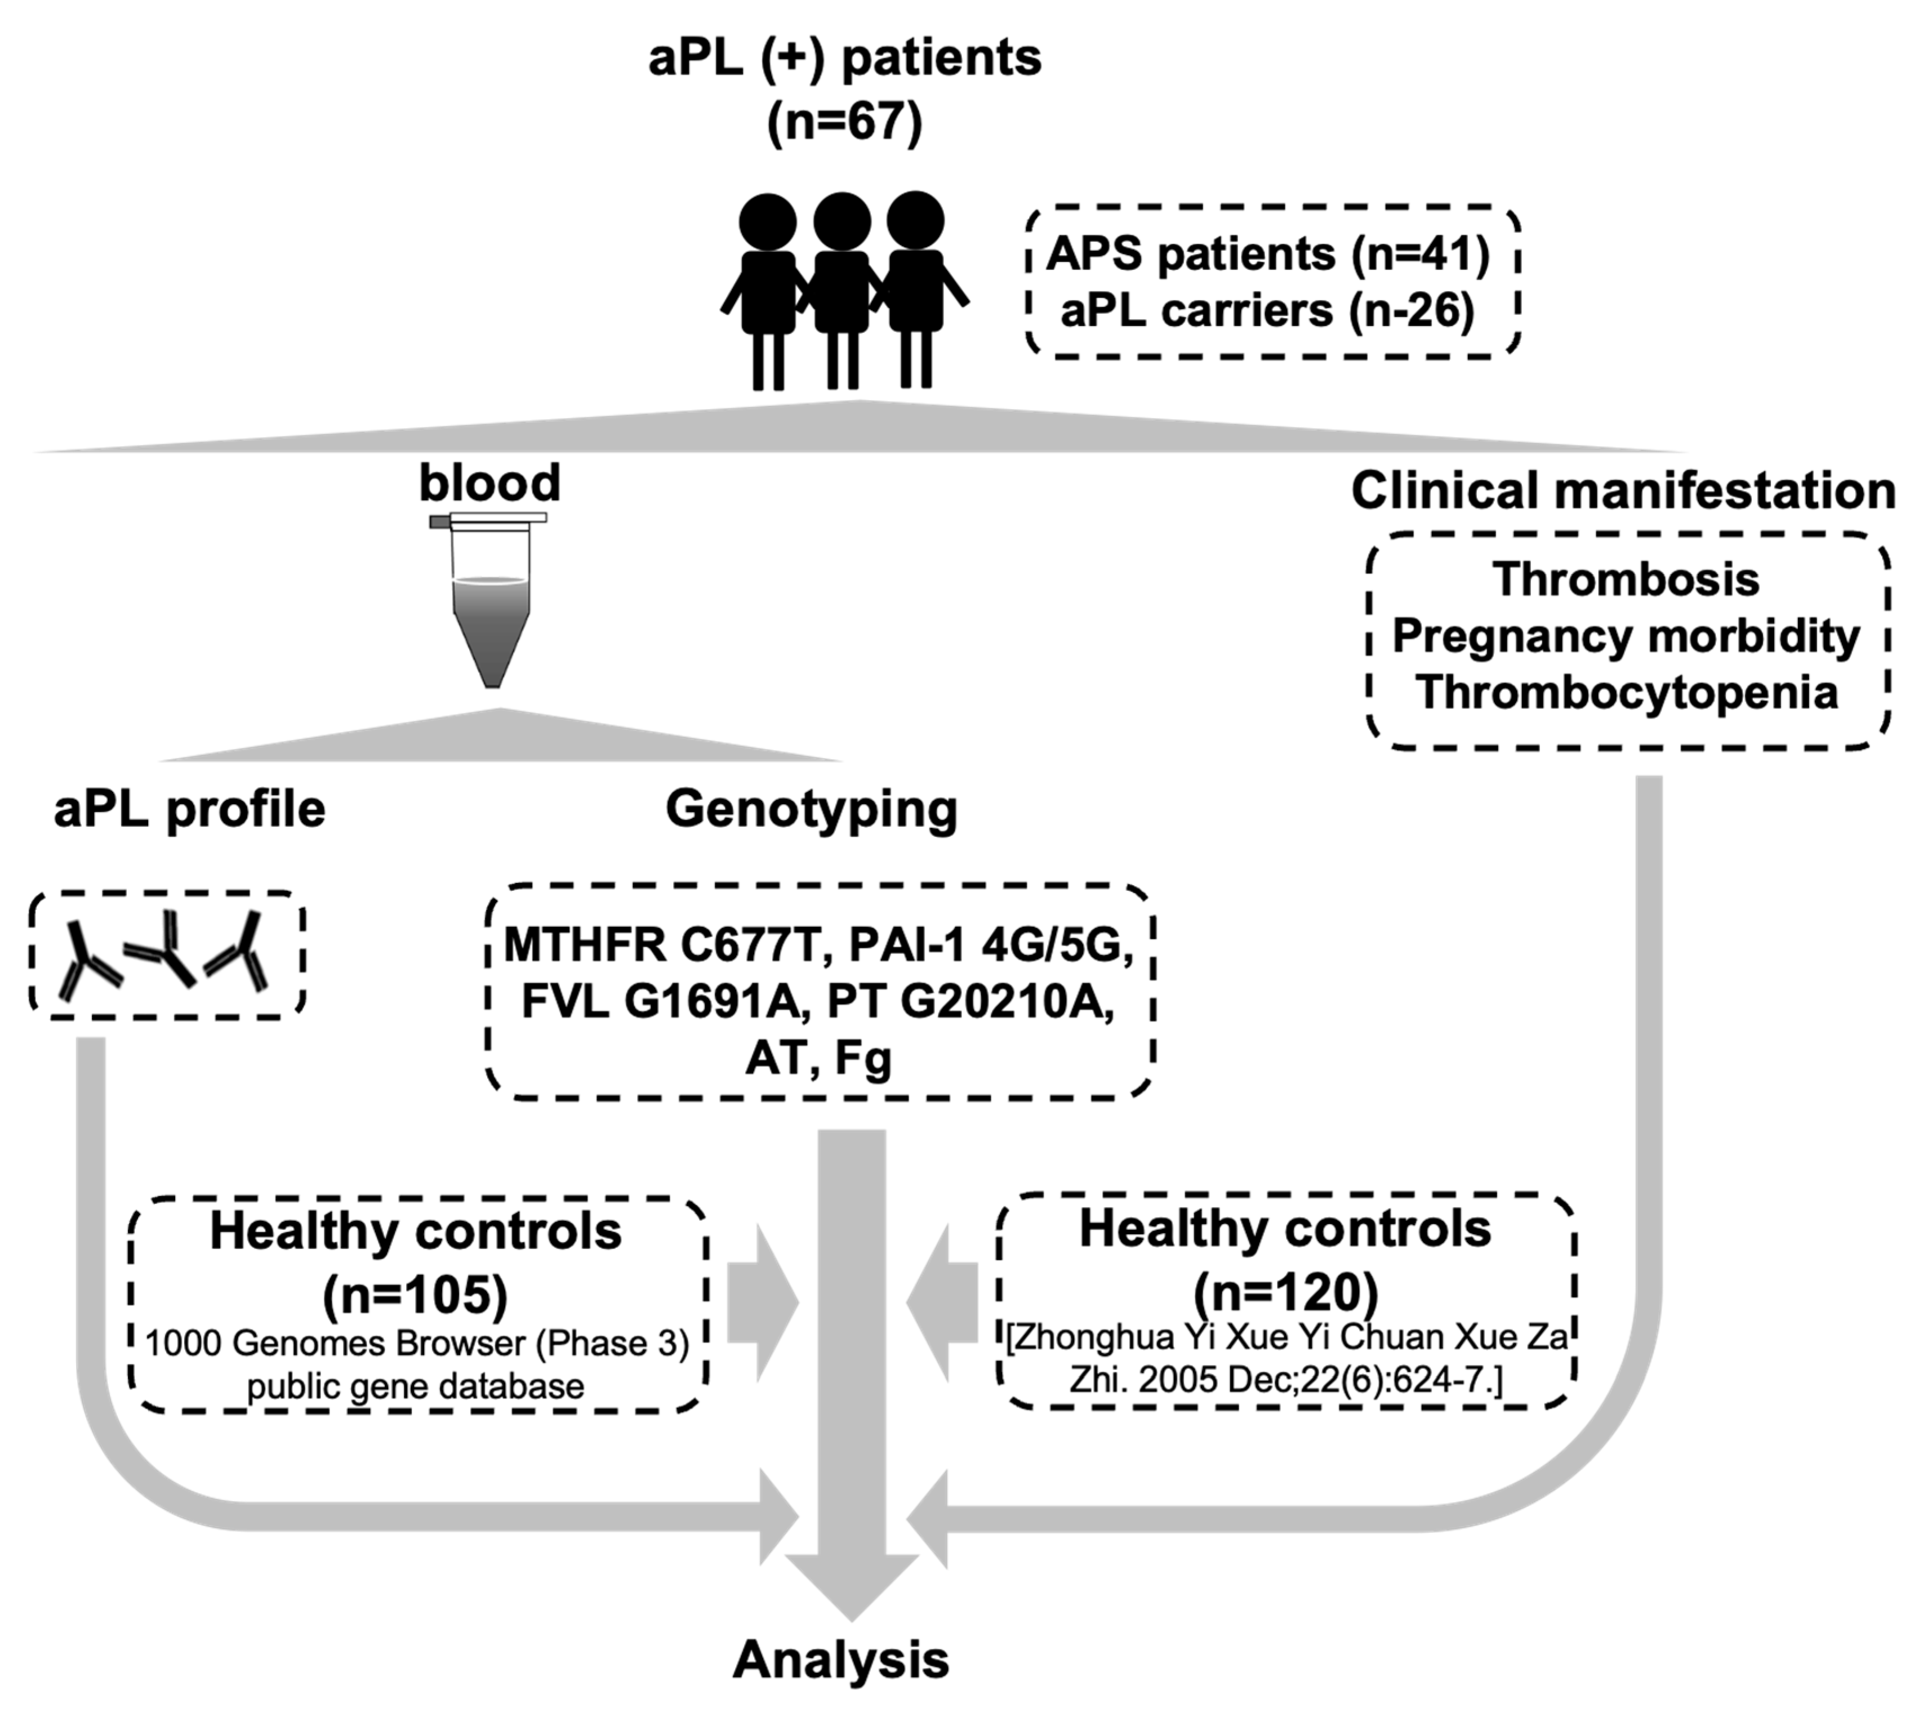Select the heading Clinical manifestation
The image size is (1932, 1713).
pyautogui.click(x=1623, y=491)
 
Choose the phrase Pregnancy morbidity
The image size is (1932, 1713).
pyautogui.click(x=1626, y=636)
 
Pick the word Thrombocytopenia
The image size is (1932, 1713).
pyautogui.click(x=1626, y=693)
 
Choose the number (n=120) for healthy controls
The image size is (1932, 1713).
pyautogui.click(x=1285, y=1292)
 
